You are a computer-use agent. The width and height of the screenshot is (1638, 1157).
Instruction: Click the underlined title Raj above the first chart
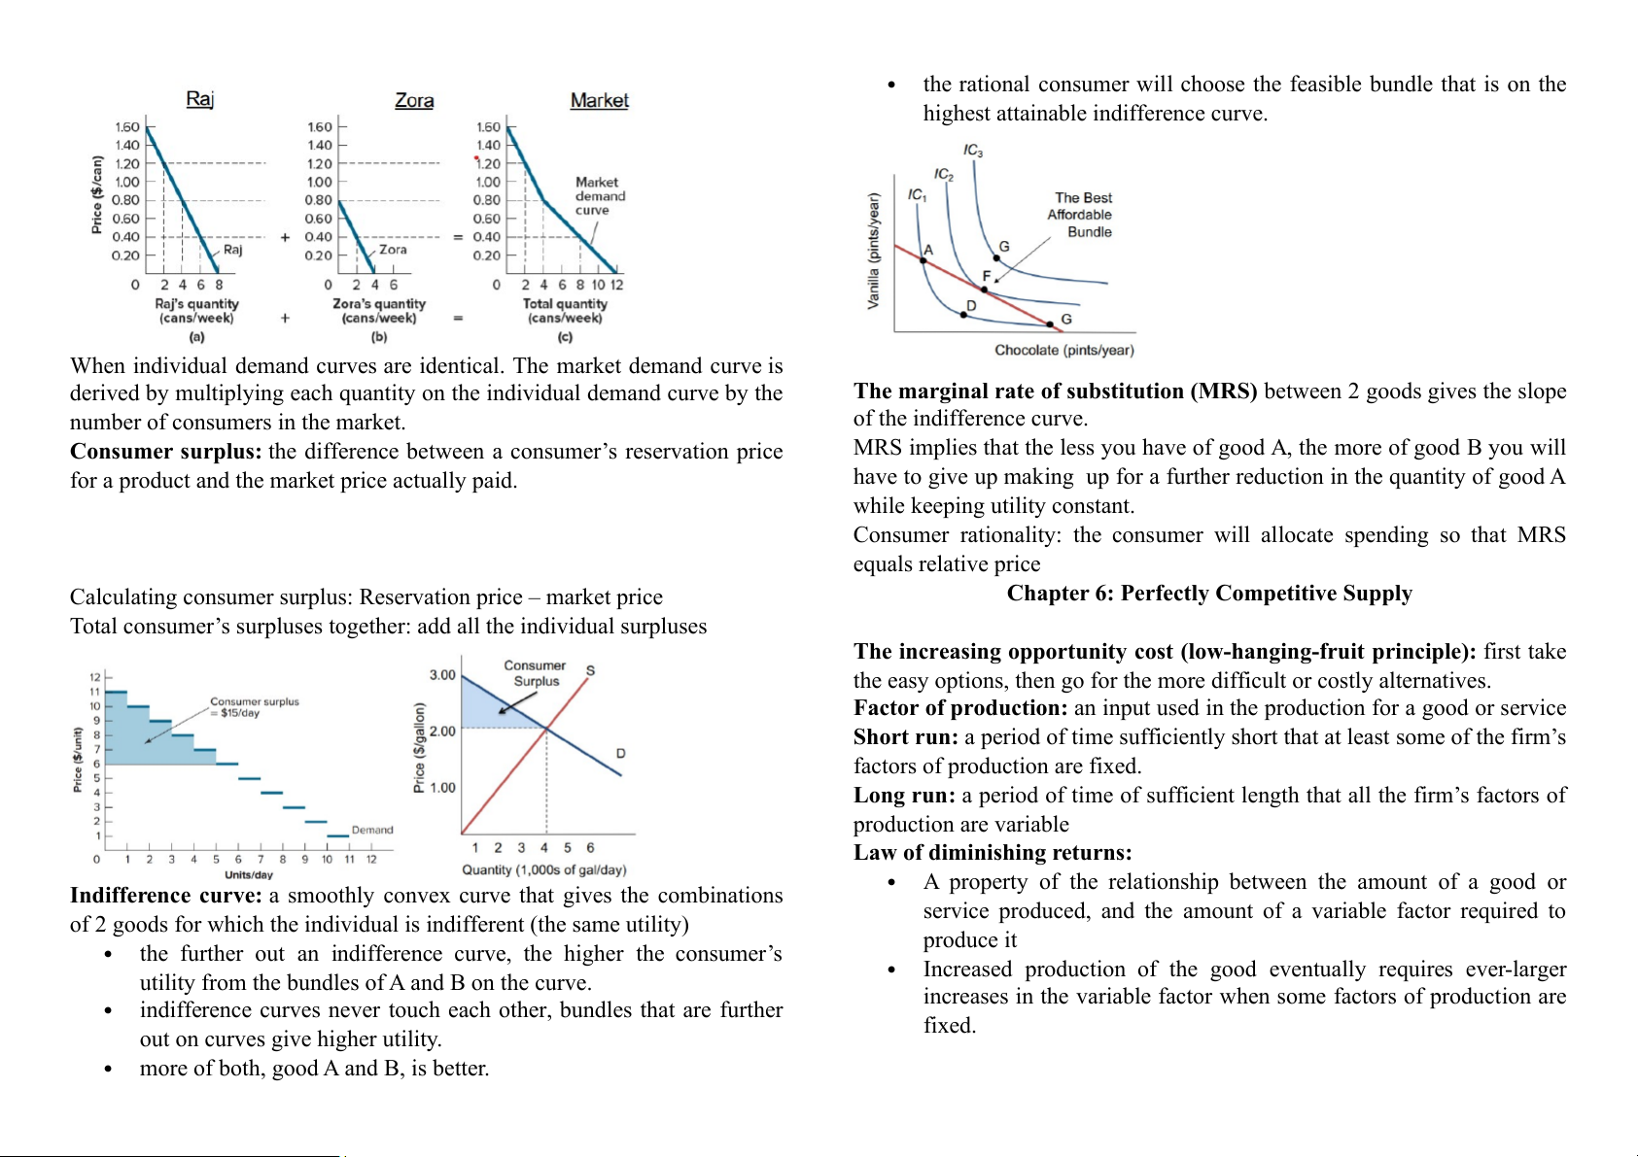[199, 99]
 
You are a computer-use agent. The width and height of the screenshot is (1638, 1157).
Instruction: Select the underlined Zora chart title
[414, 100]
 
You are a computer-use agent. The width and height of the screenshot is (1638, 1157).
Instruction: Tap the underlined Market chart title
[599, 100]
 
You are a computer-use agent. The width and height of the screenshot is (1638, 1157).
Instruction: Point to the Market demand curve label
[600, 196]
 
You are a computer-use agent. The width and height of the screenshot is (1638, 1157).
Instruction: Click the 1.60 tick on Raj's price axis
[127, 127]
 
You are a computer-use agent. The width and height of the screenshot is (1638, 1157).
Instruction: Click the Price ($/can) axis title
[96, 194]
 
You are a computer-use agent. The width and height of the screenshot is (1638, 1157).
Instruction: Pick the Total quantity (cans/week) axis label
[565, 311]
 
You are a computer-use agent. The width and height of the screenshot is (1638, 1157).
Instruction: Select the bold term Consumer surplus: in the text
[166, 452]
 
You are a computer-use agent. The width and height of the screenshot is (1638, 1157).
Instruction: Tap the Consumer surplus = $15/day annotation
[254, 706]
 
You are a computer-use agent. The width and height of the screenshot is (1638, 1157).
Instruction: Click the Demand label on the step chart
[372, 830]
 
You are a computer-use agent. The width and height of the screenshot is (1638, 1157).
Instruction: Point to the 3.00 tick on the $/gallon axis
[442, 675]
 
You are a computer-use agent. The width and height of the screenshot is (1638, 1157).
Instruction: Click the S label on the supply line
[590, 670]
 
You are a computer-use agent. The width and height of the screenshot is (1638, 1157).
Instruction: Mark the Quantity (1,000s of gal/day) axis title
[544, 869]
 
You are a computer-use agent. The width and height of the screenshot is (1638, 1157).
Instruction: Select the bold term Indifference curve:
[166, 896]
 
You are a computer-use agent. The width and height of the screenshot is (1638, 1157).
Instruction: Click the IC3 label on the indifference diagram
[973, 151]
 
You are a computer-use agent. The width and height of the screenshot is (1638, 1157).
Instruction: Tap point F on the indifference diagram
[984, 289]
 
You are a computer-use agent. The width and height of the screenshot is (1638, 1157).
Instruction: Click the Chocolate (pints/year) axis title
[1063, 350]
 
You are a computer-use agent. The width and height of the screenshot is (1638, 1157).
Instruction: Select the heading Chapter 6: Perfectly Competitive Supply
[1209, 594]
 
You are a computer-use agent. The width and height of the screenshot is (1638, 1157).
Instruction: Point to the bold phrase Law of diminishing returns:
[993, 853]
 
